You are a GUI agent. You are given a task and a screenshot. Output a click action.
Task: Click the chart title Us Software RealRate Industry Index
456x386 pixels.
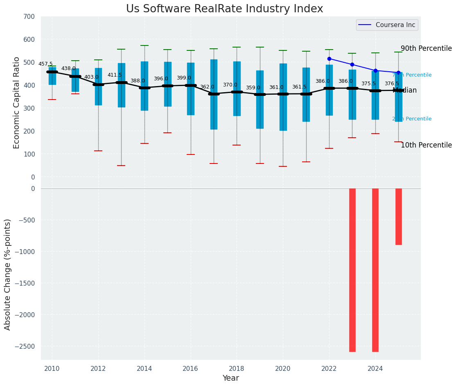coord(224,9)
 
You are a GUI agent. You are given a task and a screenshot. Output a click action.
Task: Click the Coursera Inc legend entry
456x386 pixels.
coord(387,25)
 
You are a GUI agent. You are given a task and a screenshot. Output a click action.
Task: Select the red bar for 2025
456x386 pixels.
coord(398,216)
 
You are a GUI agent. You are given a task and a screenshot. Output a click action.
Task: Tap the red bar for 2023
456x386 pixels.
coord(352,270)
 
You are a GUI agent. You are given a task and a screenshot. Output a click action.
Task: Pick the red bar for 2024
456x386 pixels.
coord(375,270)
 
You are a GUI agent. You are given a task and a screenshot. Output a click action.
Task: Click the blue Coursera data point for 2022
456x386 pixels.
coord(329,59)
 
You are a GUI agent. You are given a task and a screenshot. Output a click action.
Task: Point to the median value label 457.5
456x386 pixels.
coord(45,64)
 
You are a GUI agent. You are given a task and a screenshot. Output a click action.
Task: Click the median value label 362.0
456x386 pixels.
coord(207,87)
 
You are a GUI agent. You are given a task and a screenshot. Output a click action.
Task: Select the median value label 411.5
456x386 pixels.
coord(115,75)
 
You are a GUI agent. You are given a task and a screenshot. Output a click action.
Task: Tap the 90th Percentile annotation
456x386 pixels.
coord(426,48)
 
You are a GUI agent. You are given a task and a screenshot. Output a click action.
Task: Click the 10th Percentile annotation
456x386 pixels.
coord(426,145)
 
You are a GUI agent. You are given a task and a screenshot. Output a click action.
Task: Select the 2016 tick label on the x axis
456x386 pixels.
coord(190,368)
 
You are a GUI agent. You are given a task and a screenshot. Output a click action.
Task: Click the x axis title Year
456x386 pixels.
coord(230,378)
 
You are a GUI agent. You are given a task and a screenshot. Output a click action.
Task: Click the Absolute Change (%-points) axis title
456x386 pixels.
coord(8,274)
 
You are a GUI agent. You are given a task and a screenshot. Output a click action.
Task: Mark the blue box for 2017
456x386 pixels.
coord(214,94)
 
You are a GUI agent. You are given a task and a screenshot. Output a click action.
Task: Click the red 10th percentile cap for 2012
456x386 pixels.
coord(98,151)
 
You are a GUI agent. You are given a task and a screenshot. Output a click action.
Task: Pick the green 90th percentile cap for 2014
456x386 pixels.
coord(144,45)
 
